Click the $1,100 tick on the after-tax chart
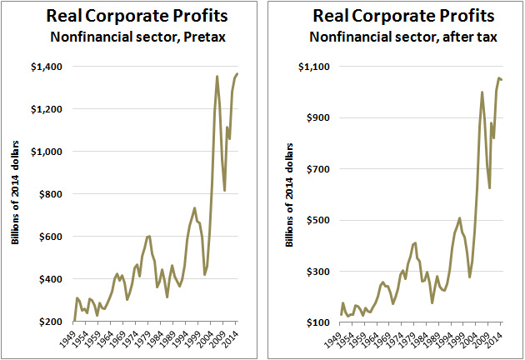317,66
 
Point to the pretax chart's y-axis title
17,197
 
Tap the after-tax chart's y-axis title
288,197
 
